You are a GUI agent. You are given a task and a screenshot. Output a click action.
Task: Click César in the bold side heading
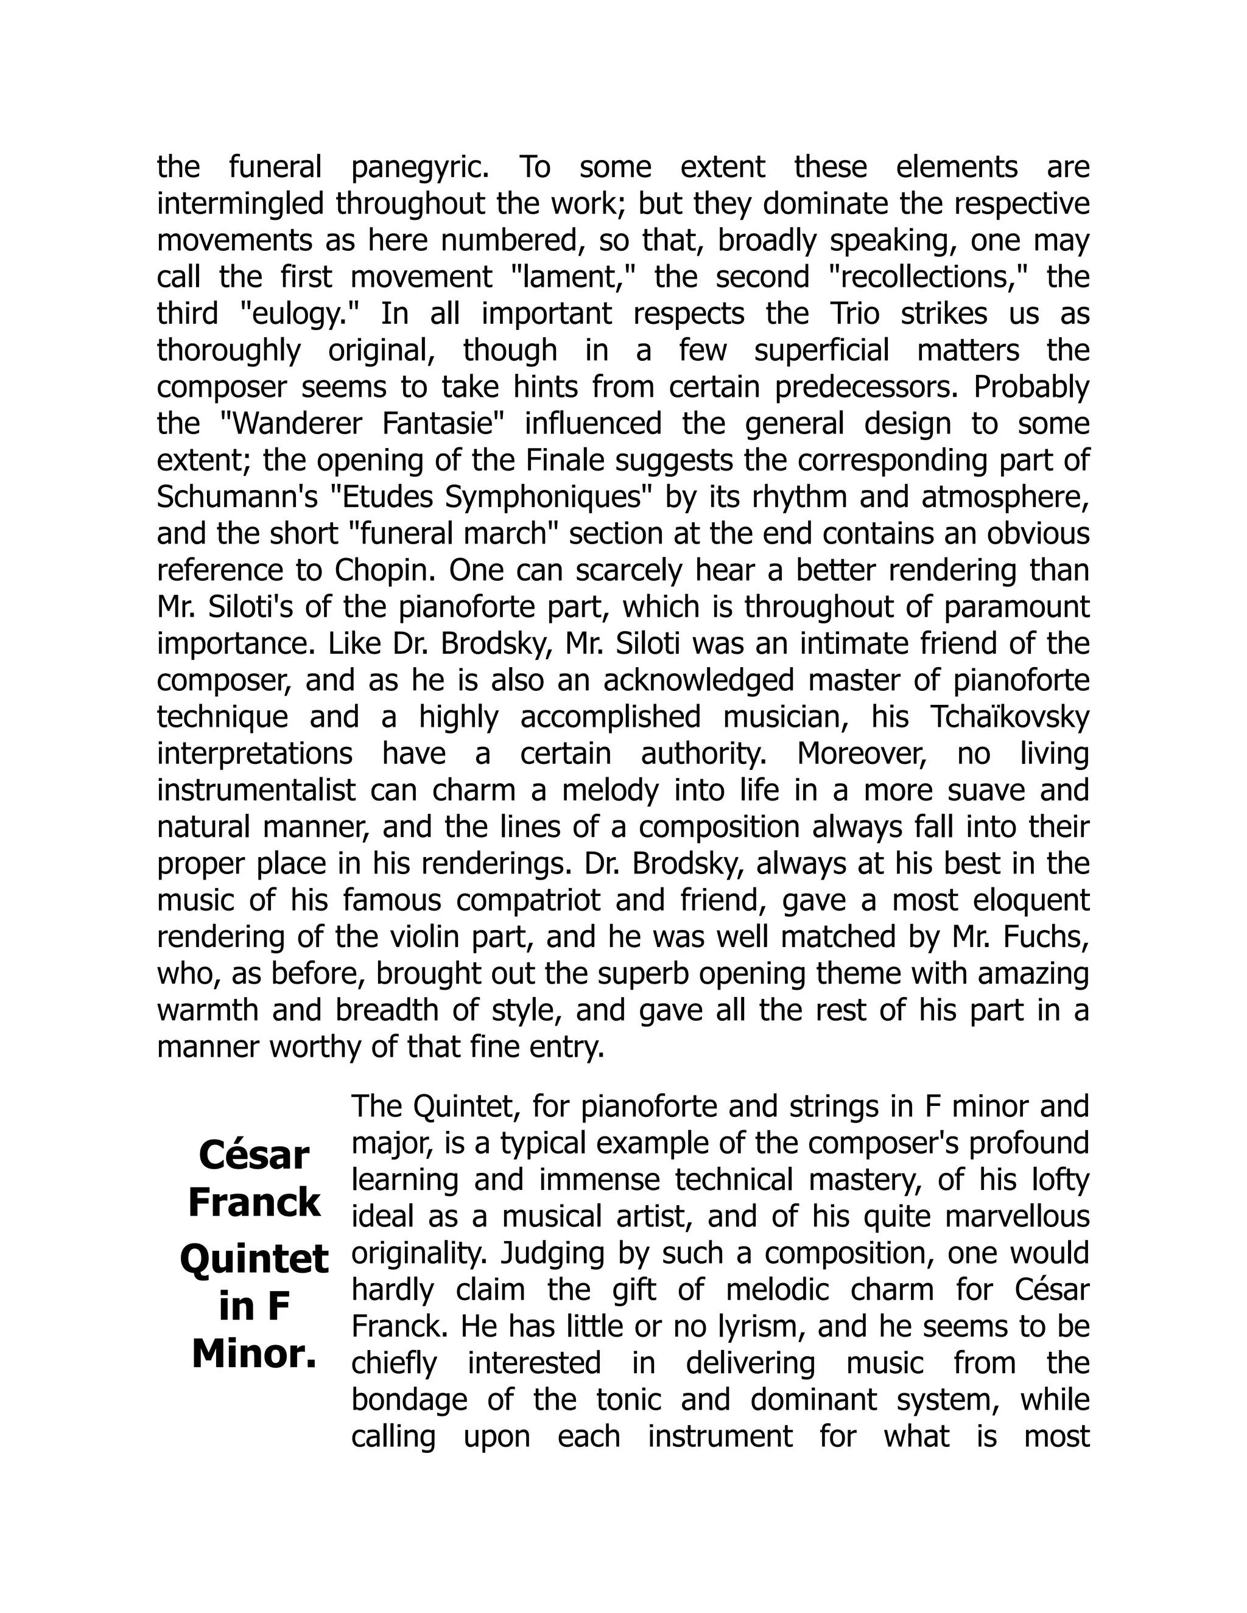[x=254, y=1156]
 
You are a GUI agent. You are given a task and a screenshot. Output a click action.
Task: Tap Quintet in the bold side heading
[x=254, y=1260]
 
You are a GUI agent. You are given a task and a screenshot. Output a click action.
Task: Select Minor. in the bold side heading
[x=254, y=1356]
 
